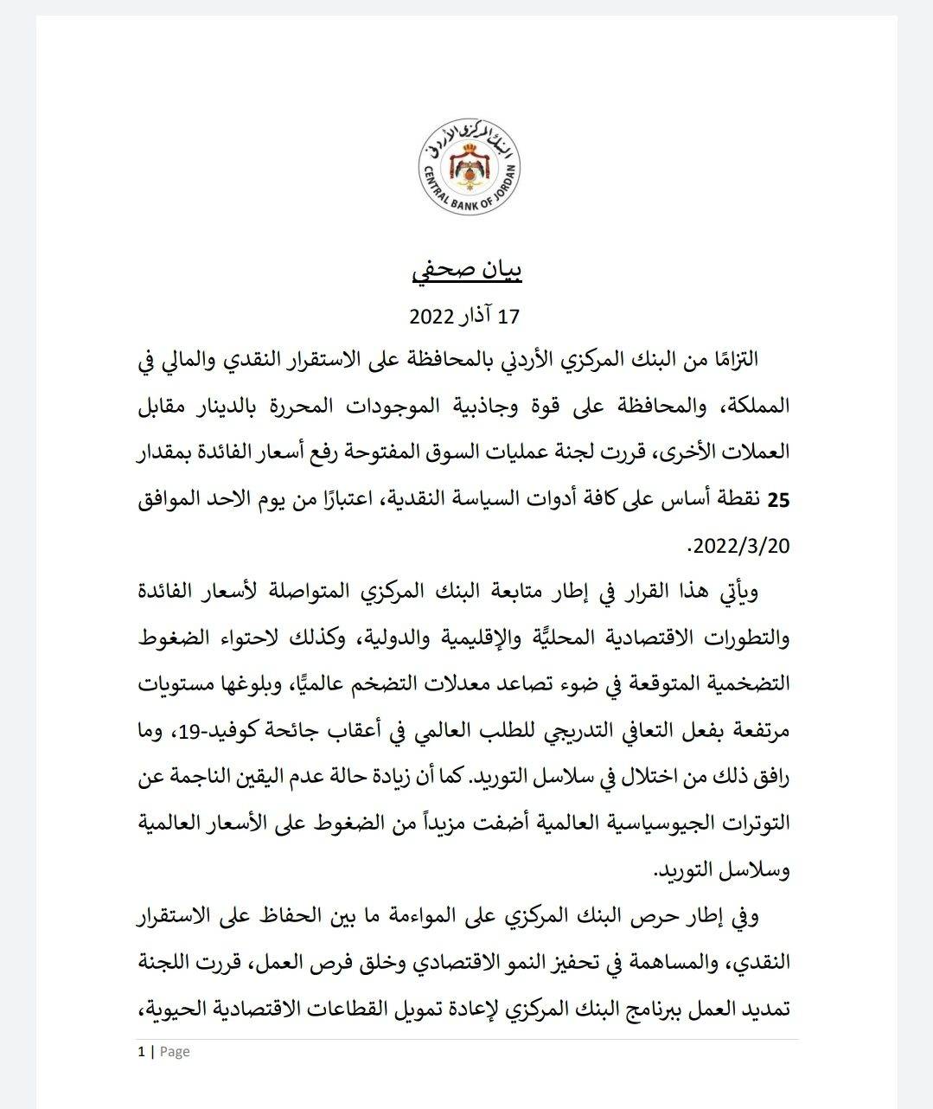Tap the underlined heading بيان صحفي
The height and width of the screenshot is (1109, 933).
pyautogui.click(x=467, y=270)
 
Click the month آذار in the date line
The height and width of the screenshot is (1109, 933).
pyautogui.click(x=476, y=317)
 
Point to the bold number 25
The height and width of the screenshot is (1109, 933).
pyautogui.click(x=779, y=500)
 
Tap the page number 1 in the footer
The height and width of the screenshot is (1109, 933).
pyautogui.click(x=141, y=1052)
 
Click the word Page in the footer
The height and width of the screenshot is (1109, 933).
pyautogui.click(x=175, y=1052)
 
